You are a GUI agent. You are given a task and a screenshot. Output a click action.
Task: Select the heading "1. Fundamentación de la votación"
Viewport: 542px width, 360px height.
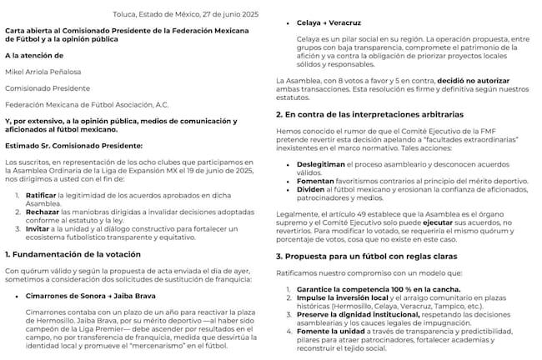coord(73,253)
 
